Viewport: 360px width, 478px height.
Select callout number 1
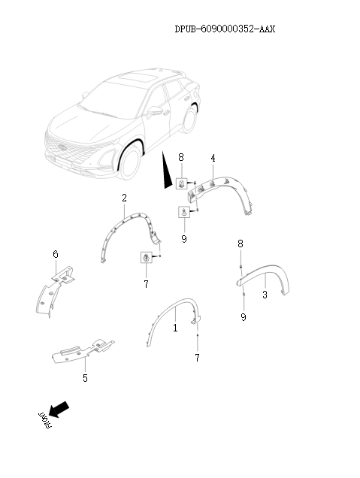click(175, 328)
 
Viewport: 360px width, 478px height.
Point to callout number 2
click(124, 198)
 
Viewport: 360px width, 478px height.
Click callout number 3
click(265, 296)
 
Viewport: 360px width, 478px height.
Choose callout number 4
click(213, 159)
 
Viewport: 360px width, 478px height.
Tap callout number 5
click(85, 378)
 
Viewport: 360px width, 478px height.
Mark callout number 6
click(55, 255)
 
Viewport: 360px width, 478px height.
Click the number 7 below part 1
click(197, 358)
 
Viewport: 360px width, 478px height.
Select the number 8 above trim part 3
click(241, 244)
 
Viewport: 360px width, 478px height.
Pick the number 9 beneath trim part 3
click(243, 318)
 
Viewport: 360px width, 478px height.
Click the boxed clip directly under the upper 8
click(182, 183)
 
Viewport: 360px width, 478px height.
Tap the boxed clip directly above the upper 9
click(183, 213)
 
